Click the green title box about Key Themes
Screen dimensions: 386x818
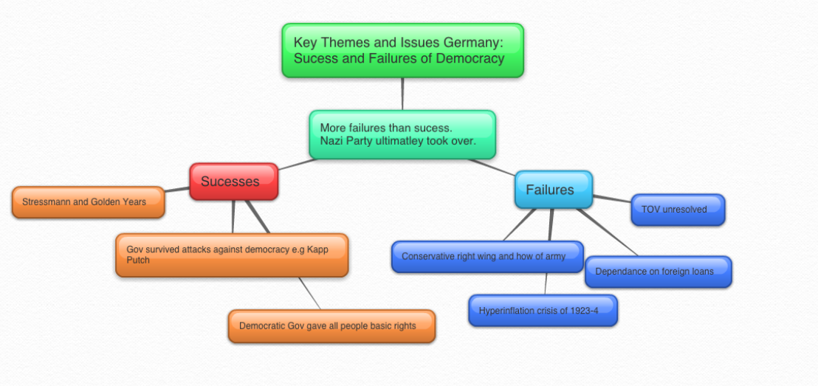402,50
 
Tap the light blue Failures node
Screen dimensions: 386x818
553,190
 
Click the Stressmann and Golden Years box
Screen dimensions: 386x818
88,201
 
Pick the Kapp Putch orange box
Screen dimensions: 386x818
231,255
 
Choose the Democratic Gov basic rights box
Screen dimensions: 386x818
331,325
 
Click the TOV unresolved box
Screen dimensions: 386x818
678,210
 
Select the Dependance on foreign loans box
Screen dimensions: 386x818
658,272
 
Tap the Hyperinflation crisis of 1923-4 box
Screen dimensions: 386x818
543,310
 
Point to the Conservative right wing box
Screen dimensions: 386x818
487,256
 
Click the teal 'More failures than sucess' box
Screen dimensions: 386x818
402,134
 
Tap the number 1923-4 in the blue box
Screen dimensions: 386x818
581,310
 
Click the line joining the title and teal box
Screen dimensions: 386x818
403,94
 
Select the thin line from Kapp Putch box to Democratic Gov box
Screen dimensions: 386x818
309,294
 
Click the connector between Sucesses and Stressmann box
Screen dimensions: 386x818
177,190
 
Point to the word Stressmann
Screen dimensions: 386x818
47,201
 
